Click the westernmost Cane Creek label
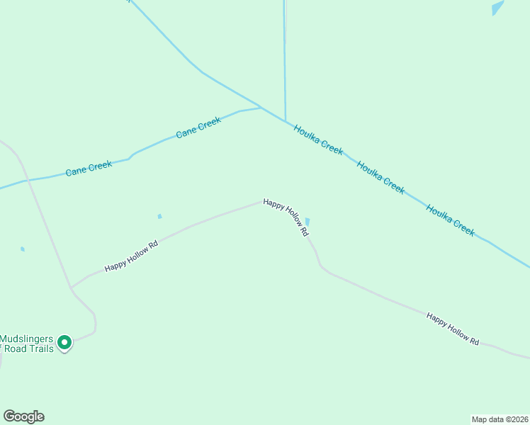coord(89,169)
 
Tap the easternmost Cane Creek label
coord(198,127)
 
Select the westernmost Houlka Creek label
coord(319,140)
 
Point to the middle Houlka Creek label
coord(381,177)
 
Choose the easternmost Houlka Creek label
coord(451,220)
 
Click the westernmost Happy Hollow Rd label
coord(130,256)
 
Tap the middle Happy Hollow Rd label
coord(286,216)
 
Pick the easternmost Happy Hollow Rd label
coord(453,328)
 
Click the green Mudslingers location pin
coord(64,343)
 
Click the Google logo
coord(23,416)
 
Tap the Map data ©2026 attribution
coord(500,419)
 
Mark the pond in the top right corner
coord(498,8)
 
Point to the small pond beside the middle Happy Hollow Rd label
coord(308,222)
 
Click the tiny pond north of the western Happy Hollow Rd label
coord(159,216)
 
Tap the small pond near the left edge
coord(23,249)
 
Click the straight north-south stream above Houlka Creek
coord(285,57)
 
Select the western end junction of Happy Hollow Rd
coord(70,288)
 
